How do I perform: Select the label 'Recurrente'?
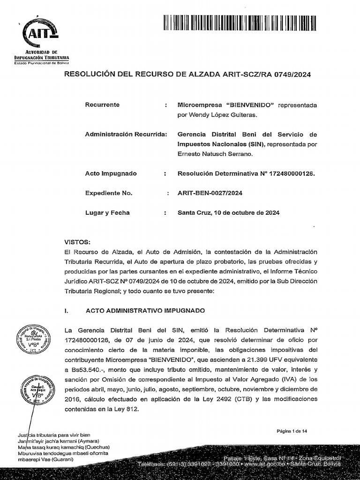pos(102,105)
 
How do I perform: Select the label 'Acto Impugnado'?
pos(111,173)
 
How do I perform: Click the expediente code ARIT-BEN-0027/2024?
pos(210,193)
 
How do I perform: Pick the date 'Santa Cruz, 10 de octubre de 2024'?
pos(228,213)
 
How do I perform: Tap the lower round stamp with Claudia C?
pos(34,390)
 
